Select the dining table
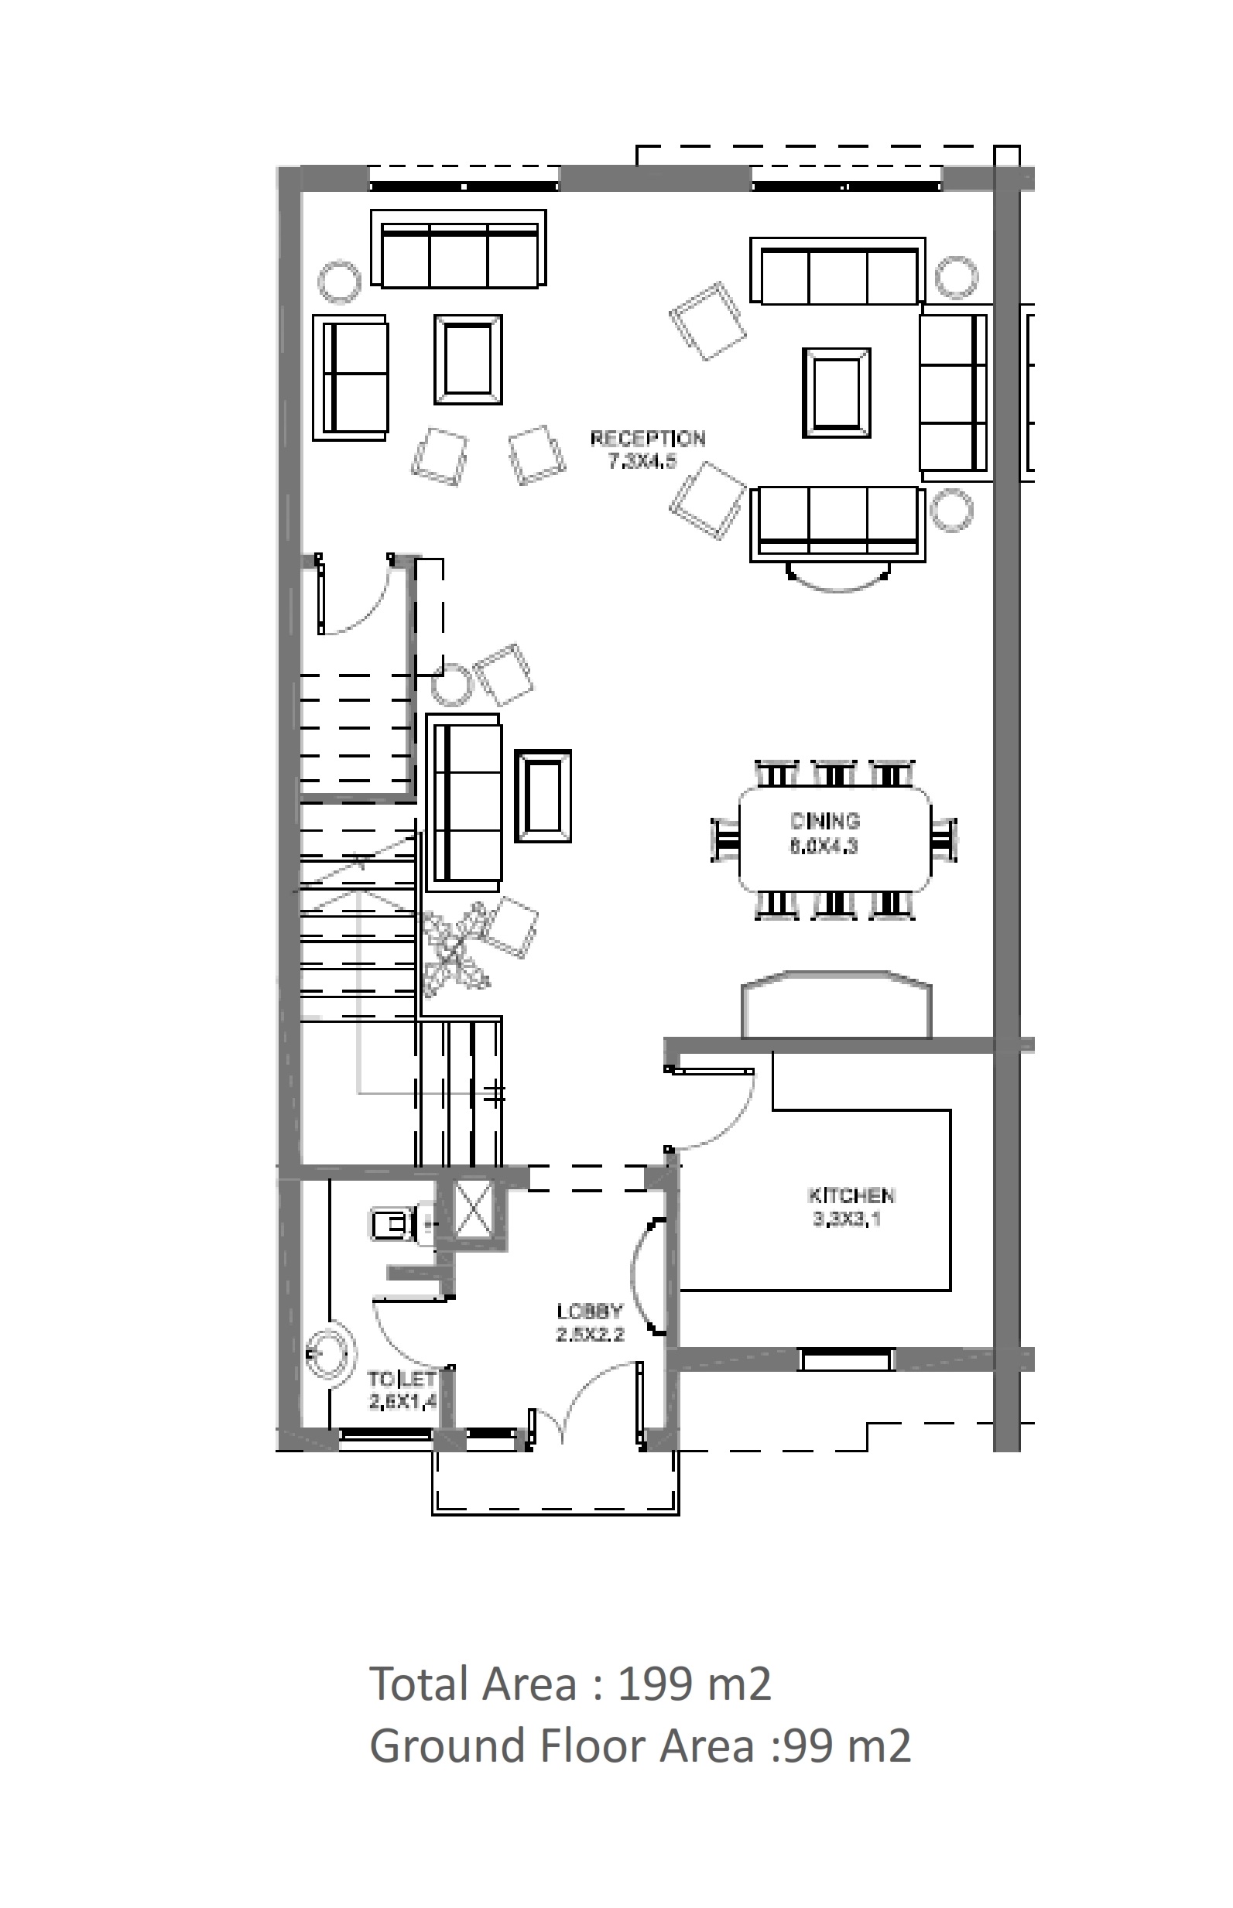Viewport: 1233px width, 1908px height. pos(834,839)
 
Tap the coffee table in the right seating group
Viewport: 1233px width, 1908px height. pos(837,392)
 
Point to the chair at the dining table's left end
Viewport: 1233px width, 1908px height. pos(725,839)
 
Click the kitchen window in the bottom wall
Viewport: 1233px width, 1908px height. pos(846,1359)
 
